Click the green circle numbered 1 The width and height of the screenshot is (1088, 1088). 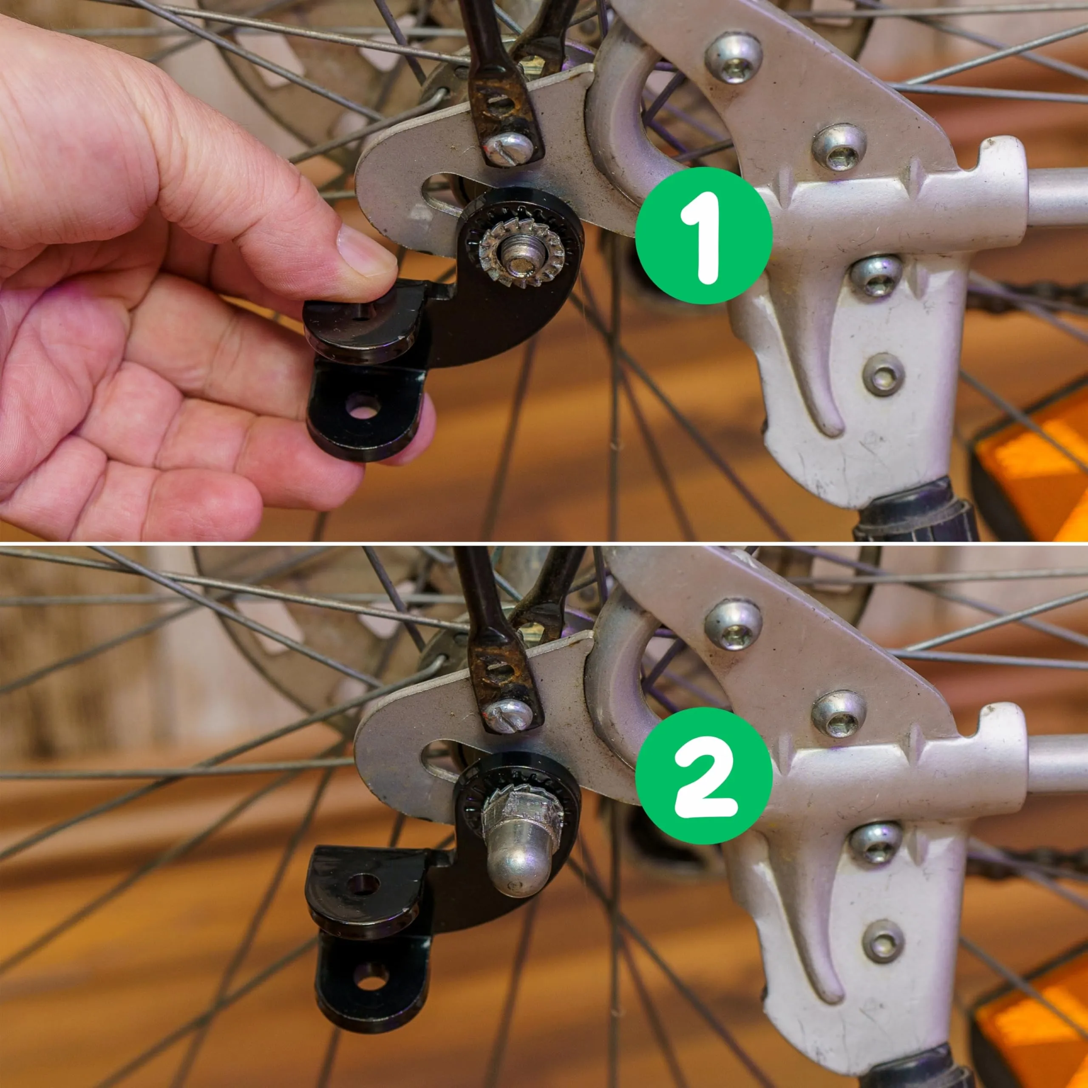pyautogui.click(x=703, y=235)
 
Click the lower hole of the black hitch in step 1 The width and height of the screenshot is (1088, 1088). pyautogui.click(x=362, y=407)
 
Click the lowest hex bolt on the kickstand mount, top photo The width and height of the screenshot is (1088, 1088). pyautogui.click(x=883, y=374)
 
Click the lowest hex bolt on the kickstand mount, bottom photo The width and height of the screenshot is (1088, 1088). pyautogui.click(x=883, y=941)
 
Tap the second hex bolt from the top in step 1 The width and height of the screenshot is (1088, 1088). pyautogui.click(x=839, y=147)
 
